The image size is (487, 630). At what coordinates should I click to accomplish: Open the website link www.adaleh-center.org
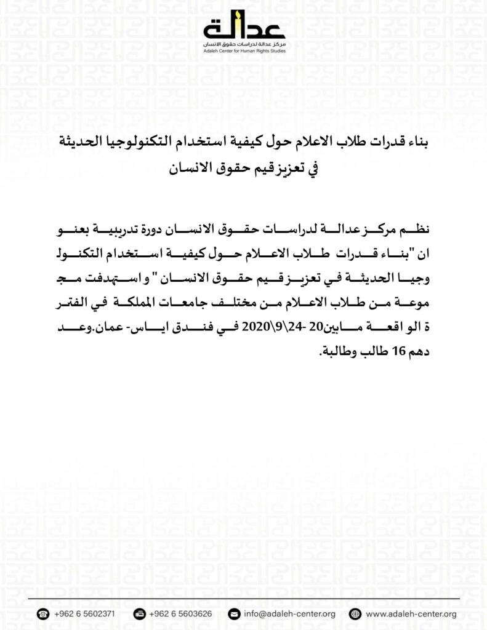click(x=411, y=613)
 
